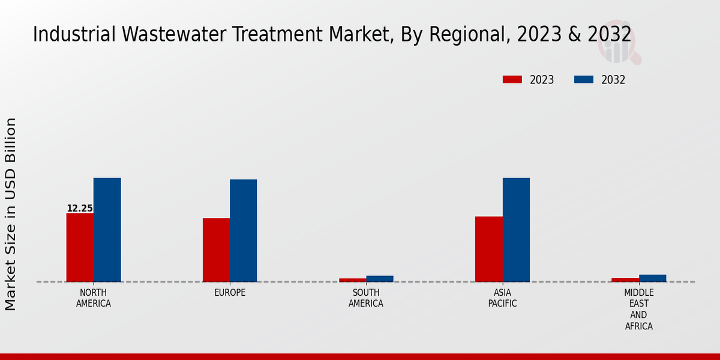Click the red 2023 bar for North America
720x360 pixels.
click(x=80, y=247)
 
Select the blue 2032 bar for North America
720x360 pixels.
click(x=107, y=230)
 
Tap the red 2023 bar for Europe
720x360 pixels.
click(x=216, y=250)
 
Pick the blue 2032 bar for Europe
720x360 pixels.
click(x=243, y=230)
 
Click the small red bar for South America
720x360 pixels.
click(x=352, y=280)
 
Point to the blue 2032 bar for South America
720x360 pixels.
click(x=380, y=278)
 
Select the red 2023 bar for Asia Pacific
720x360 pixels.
click(x=488, y=249)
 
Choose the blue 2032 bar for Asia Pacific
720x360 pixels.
click(x=516, y=230)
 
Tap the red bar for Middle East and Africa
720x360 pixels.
click(x=625, y=280)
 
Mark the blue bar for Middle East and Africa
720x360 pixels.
click(x=652, y=278)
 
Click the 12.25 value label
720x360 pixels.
click(x=80, y=208)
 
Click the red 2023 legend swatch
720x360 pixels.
click(x=512, y=80)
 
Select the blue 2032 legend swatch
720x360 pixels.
click(x=583, y=80)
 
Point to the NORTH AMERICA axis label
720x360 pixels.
click(x=94, y=298)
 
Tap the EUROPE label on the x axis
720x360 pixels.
click(x=230, y=293)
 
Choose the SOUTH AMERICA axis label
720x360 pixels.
click(x=366, y=298)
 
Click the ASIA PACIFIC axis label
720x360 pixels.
click(x=502, y=298)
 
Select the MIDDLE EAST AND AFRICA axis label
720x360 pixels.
click(x=638, y=310)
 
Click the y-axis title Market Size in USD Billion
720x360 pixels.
click(x=11, y=214)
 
